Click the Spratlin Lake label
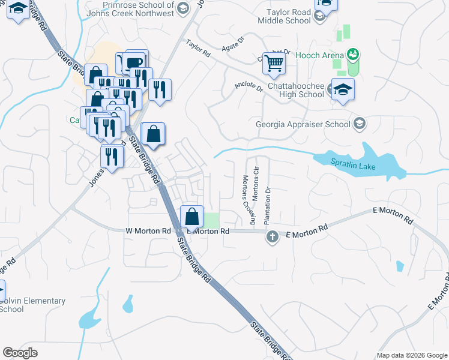[x=353, y=163]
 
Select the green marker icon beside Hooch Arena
[x=353, y=55]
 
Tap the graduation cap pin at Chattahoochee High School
[x=343, y=89]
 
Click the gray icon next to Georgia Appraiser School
[x=360, y=124]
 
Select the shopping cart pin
[x=274, y=62]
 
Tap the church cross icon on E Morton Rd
[x=271, y=237]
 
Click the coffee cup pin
[x=134, y=63]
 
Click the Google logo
[x=20, y=353]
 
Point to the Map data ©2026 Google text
[x=411, y=355]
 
